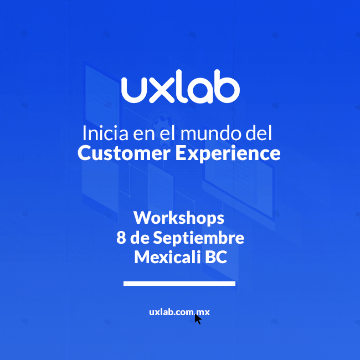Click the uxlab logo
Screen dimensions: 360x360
pos(181,86)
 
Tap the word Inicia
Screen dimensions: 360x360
pos(105,133)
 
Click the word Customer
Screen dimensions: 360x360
pos(124,153)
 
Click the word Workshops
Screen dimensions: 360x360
pos(179,218)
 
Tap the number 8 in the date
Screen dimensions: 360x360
pos(121,238)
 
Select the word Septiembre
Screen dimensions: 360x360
pos(198,238)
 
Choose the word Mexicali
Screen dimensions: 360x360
pos(167,257)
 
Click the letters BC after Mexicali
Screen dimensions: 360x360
pos(216,257)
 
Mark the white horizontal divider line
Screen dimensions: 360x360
pos(179,284)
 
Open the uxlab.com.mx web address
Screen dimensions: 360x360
pos(179,312)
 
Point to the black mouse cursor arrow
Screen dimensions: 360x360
pos(198,319)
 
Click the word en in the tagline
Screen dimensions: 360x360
pos(144,135)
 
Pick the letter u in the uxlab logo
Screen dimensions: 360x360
pos(134,90)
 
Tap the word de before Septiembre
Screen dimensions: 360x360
pos(140,238)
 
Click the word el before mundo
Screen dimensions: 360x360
pos(168,133)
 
